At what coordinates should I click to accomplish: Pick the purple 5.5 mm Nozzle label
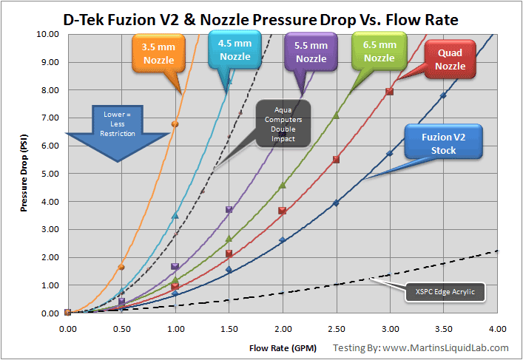pos(311,52)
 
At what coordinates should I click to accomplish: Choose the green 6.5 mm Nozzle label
pos(379,50)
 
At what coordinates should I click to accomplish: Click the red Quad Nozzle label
pos(451,59)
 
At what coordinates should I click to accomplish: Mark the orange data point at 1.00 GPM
pos(175,124)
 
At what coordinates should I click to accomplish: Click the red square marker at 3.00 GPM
pos(390,92)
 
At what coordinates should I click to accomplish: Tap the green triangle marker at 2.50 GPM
pos(337,115)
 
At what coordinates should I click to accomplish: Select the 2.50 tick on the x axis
pos(337,328)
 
